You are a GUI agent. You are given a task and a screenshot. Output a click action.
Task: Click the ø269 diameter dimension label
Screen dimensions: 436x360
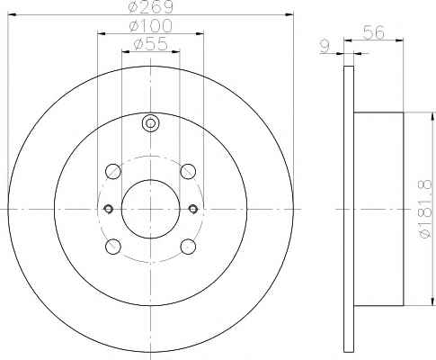pos(150,6)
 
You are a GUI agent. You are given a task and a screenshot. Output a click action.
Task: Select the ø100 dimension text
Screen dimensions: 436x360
pos(151,26)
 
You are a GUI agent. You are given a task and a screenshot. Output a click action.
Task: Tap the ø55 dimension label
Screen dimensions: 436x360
pos(150,44)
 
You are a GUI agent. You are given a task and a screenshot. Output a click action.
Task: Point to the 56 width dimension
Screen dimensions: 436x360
pos(373,32)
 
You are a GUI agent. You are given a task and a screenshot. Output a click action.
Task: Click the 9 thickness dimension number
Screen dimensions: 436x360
pos(325,47)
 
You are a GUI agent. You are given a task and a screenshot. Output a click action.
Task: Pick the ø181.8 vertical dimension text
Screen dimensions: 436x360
pos(425,210)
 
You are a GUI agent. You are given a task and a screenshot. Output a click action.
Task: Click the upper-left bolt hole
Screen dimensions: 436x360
pos(113,172)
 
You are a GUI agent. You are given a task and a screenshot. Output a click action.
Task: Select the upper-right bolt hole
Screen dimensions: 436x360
pos(188,172)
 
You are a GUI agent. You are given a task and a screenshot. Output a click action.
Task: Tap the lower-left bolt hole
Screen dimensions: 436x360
pos(113,247)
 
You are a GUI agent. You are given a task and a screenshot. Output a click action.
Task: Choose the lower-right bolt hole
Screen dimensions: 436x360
pos(188,247)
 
